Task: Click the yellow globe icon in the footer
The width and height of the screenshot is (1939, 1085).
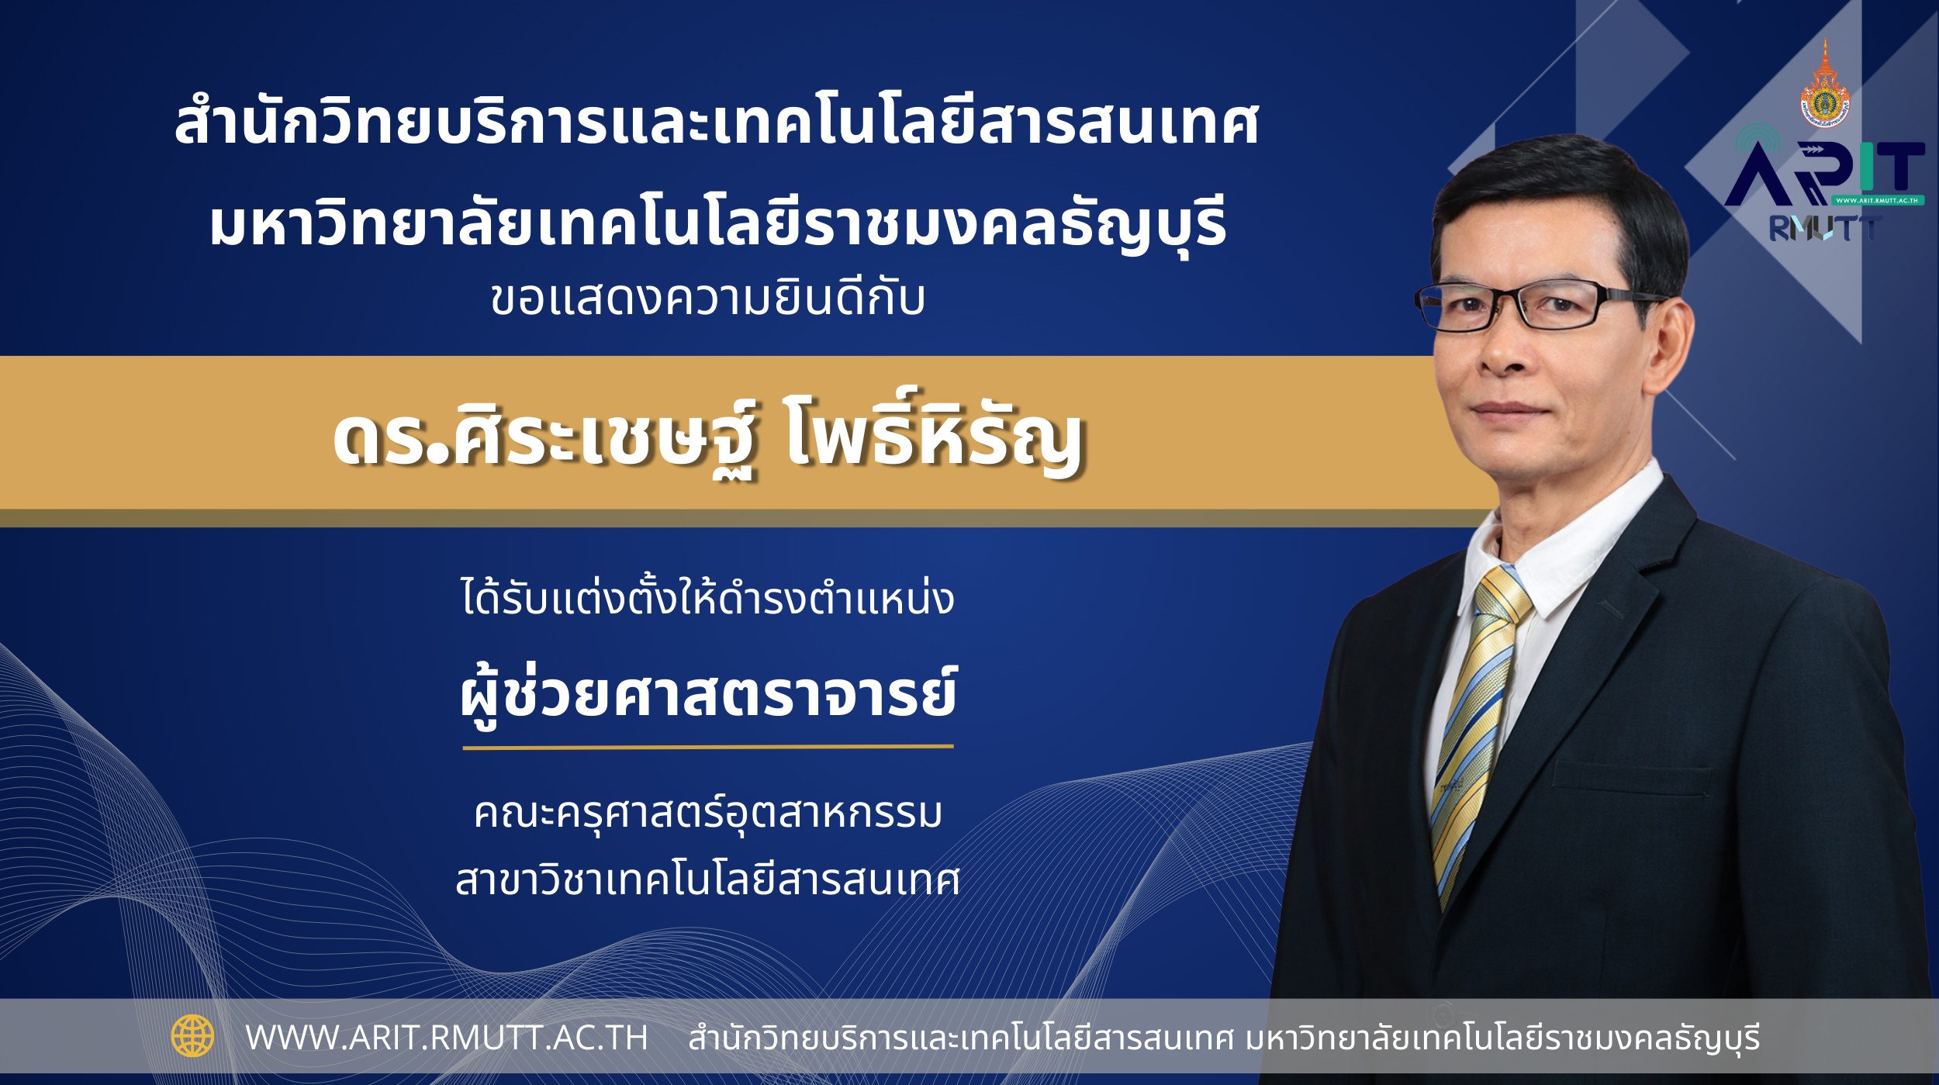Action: pyautogui.click(x=192, y=1036)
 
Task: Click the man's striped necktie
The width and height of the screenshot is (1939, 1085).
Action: pyautogui.click(x=1476, y=729)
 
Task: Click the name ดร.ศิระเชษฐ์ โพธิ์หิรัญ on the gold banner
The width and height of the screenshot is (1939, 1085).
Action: pyautogui.click(x=709, y=434)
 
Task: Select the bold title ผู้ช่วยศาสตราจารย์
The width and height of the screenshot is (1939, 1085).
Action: pyautogui.click(x=708, y=696)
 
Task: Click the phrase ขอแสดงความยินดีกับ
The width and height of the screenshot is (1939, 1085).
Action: pyautogui.click(x=708, y=299)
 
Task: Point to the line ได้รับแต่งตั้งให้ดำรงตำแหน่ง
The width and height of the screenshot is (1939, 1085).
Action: pyautogui.click(x=707, y=598)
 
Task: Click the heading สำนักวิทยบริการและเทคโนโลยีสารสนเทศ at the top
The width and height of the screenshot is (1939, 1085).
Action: pyautogui.click(x=717, y=122)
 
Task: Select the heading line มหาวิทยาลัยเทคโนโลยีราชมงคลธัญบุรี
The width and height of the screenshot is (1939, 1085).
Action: pyautogui.click(x=718, y=225)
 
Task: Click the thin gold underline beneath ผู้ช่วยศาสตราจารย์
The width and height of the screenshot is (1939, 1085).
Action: pyautogui.click(x=708, y=747)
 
